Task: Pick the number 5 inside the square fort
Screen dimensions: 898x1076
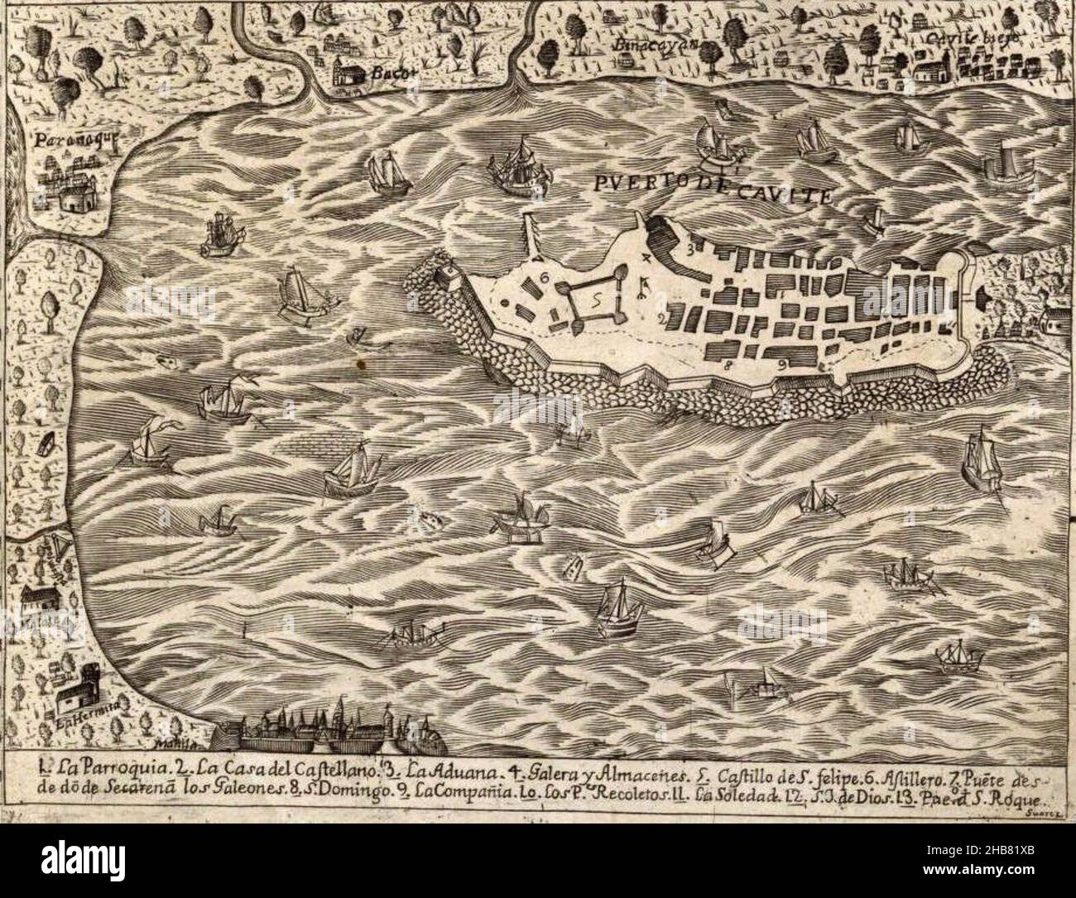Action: (x=597, y=304)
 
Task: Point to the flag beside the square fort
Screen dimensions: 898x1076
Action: (x=640, y=286)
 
